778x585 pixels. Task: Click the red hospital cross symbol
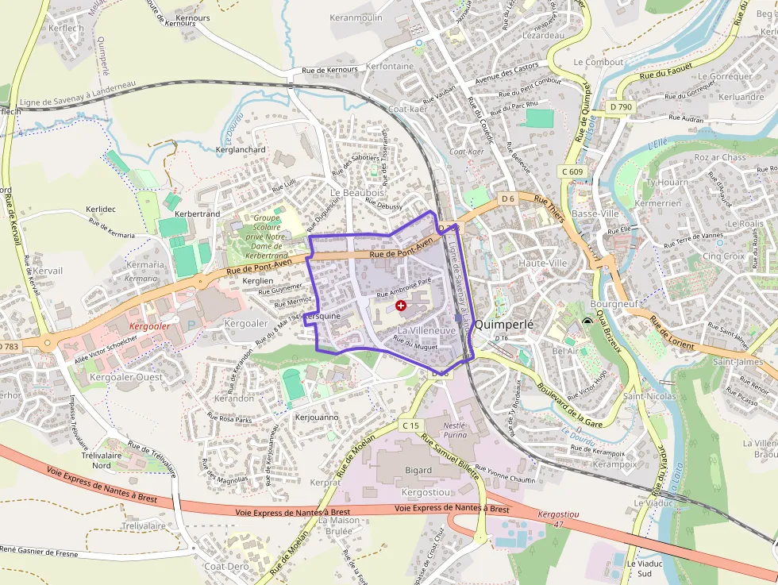pos(401,305)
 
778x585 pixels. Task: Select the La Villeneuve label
pos(426,329)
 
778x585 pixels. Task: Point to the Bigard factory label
pos(418,471)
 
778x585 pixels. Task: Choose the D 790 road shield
pos(622,106)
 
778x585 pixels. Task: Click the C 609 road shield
pos(572,171)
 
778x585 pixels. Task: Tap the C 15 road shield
pos(410,426)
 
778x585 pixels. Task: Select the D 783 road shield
pos(9,347)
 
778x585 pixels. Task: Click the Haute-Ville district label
pos(543,263)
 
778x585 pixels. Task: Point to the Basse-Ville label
pos(595,214)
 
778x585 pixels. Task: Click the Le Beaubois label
pos(357,193)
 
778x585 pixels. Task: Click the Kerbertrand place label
pos(197,214)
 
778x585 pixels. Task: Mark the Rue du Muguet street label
pos(416,345)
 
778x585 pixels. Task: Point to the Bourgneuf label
pos(614,304)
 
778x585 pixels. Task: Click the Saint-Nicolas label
pos(649,396)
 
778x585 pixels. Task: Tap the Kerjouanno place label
pos(317,417)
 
